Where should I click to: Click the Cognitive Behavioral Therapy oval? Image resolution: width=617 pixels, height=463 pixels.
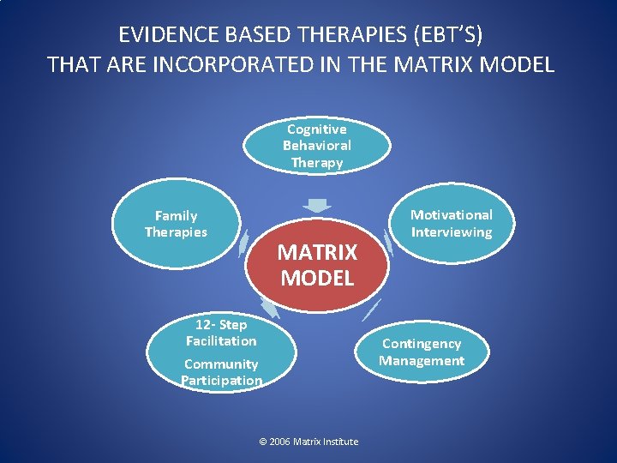tap(317, 146)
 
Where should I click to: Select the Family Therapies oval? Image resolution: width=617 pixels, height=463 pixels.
tap(176, 225)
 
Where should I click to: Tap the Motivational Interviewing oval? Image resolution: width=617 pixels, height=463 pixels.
tap(452, 224)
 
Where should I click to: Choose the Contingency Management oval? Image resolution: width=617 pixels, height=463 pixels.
tap(422, 352)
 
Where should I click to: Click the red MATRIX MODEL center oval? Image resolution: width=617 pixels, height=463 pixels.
tap(316, 264)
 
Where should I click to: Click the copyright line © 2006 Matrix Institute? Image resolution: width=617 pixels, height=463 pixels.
tap(308, 442)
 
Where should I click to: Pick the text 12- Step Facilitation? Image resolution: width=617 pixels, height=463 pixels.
tap(221, 333)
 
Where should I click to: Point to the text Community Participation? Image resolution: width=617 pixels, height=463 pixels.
tap(221, 372)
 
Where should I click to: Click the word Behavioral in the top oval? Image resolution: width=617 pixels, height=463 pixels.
tap(317, 146)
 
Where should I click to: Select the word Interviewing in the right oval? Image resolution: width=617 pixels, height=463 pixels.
tap(452, 232)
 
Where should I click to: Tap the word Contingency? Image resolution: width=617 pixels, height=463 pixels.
tap(422, 344)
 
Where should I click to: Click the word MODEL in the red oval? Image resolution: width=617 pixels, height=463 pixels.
tap(317, 278)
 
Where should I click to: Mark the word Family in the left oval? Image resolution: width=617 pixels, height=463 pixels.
tap(176, 216)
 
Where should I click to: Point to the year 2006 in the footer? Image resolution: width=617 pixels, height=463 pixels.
tap(279, 442)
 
